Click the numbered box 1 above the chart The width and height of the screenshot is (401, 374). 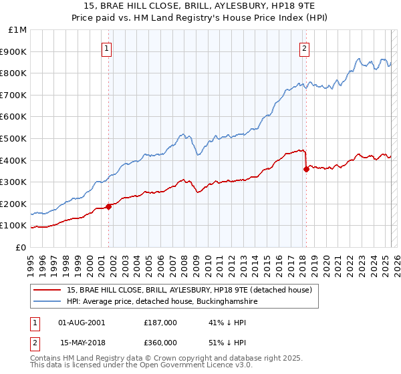coord(108,47)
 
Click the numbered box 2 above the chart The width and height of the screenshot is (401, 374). coord(304,47)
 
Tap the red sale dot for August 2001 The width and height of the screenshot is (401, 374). coord(108,206)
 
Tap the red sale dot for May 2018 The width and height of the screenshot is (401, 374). coord(306,169)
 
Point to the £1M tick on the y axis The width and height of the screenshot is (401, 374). coord(18,30)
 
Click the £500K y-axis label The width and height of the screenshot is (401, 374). coord(15,138)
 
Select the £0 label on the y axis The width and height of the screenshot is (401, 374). coord(21,247)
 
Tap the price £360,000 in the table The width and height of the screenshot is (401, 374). coord(160,341)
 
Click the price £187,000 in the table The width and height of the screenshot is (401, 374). coord(160,323)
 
